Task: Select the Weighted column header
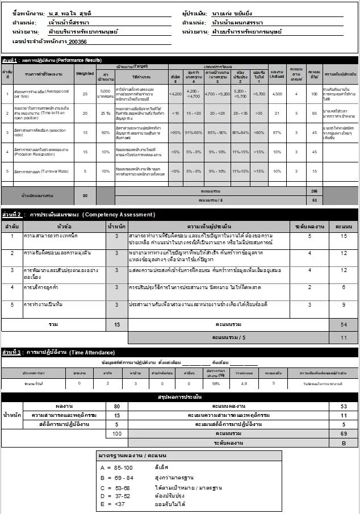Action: pos(85,73)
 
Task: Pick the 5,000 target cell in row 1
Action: pos(104,93)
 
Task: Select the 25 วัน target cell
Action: pos(104,113)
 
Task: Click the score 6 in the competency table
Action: pos(344,287)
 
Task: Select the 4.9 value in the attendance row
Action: pos(244,383)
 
